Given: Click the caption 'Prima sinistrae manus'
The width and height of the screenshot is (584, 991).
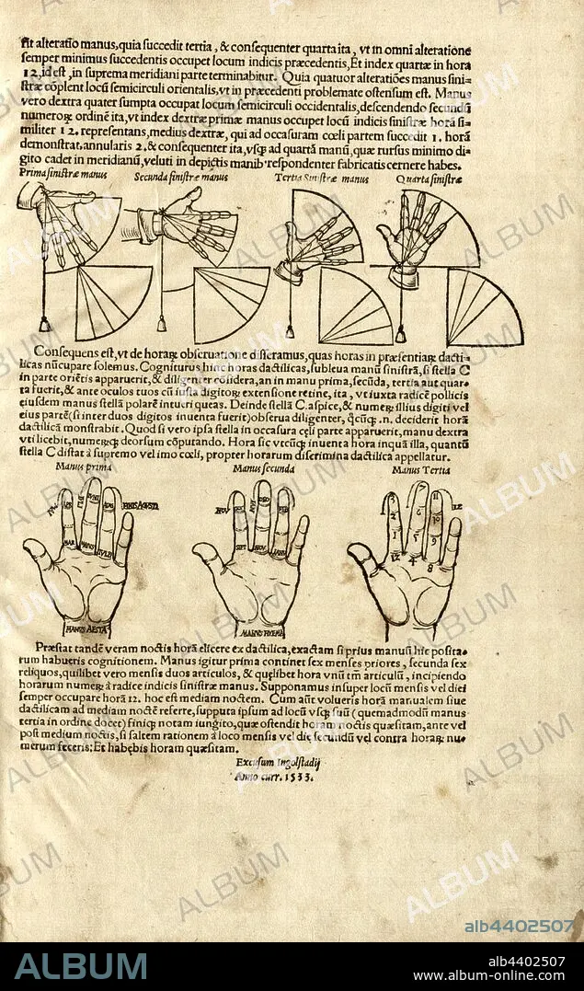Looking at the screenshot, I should point(59,177).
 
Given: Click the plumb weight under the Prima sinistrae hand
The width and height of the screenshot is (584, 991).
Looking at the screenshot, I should point(43,324).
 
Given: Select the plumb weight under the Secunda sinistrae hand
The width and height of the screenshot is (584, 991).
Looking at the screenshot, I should point(162,325).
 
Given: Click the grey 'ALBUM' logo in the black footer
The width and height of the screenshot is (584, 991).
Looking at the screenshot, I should point(81,965).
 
